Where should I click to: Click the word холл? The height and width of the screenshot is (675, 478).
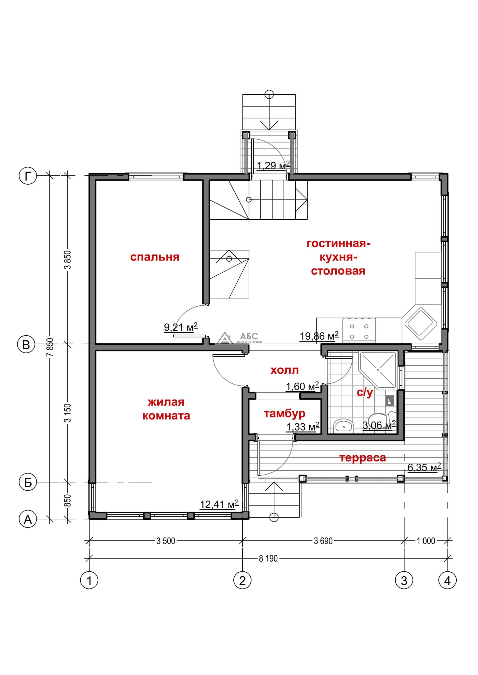(285, 370)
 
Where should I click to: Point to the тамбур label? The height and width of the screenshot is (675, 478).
(284, 414)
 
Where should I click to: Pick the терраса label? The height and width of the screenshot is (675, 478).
(363, 458)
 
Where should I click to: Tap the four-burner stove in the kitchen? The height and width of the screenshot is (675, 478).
(359, 331)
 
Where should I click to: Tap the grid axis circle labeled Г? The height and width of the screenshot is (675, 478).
(28, 176)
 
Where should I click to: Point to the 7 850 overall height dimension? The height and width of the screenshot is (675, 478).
(52, 347)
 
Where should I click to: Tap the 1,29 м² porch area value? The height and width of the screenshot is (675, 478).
(273, 166)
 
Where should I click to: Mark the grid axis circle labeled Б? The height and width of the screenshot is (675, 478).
(28, 482)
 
